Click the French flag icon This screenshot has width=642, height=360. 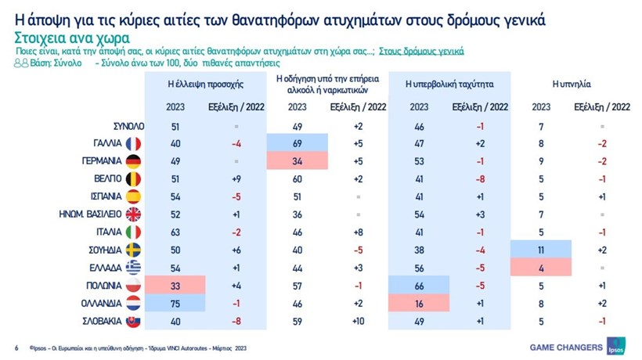[x=132, y=143]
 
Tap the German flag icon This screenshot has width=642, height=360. [x=132, y=161]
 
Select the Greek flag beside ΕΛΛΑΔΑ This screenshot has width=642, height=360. [x=132, y=268]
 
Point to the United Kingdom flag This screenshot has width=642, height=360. [x=132, y=214]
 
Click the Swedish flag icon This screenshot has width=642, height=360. [x=132, y=250]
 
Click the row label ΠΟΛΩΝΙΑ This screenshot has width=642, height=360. [x=101, y=286]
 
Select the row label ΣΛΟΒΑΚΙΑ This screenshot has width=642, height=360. [x=99, y=321]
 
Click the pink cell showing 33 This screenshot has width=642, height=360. [x=175, y=286]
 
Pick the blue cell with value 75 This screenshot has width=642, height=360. [x=175, y=303]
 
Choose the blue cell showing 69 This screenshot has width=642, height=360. [x=297, y=143]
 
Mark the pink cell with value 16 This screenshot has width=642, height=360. [x=419, y=303]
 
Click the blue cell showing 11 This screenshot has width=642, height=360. [x=541, y=250]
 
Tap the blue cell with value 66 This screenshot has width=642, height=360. [x=419, y=286]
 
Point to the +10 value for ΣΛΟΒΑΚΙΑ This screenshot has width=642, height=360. [x=357, y=321]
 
